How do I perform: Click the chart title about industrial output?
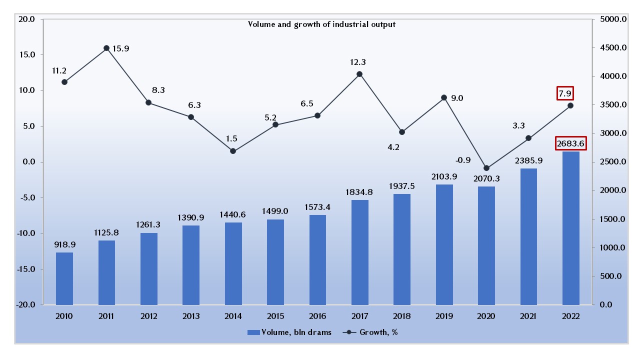(321, 24)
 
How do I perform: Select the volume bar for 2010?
(64, 278)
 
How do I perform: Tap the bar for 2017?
(359, 252)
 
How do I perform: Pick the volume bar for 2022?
(570, 228)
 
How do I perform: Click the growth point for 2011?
(106, 48)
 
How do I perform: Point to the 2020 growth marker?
(486, 168)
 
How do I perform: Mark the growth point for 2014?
(233, 150)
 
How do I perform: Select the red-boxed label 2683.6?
(570, 143)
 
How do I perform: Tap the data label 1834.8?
(359, 191)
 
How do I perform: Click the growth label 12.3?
(359, 62)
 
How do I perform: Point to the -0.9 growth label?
(462, 160)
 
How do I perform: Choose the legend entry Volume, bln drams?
(289, 332)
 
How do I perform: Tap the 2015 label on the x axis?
(275, 316)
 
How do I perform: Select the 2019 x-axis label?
(444, 316)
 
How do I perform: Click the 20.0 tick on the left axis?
(26, 19)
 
